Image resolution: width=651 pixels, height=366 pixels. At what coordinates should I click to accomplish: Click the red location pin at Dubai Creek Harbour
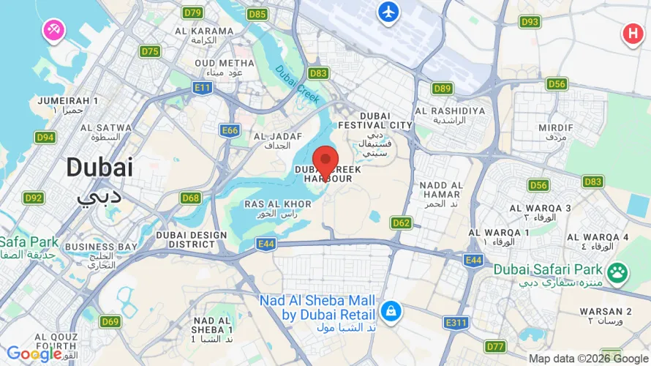[325, 160]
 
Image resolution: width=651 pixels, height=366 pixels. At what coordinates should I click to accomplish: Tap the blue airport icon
[388, 12]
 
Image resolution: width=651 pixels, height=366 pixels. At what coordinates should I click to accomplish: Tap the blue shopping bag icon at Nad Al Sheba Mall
[391, 310]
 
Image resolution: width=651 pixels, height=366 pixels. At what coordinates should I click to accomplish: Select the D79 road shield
[193, 12]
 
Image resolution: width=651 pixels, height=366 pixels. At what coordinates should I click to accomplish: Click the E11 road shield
[203, 87]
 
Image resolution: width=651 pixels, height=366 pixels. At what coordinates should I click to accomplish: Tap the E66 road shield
[230, 130]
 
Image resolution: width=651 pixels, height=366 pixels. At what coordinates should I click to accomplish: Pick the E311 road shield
[455, 321]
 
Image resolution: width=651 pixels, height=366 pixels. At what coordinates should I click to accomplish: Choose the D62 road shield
[400, 223]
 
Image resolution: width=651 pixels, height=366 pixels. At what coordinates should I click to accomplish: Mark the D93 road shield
[530, 22]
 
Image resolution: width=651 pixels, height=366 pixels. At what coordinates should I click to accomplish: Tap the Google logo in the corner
[34, 354]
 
